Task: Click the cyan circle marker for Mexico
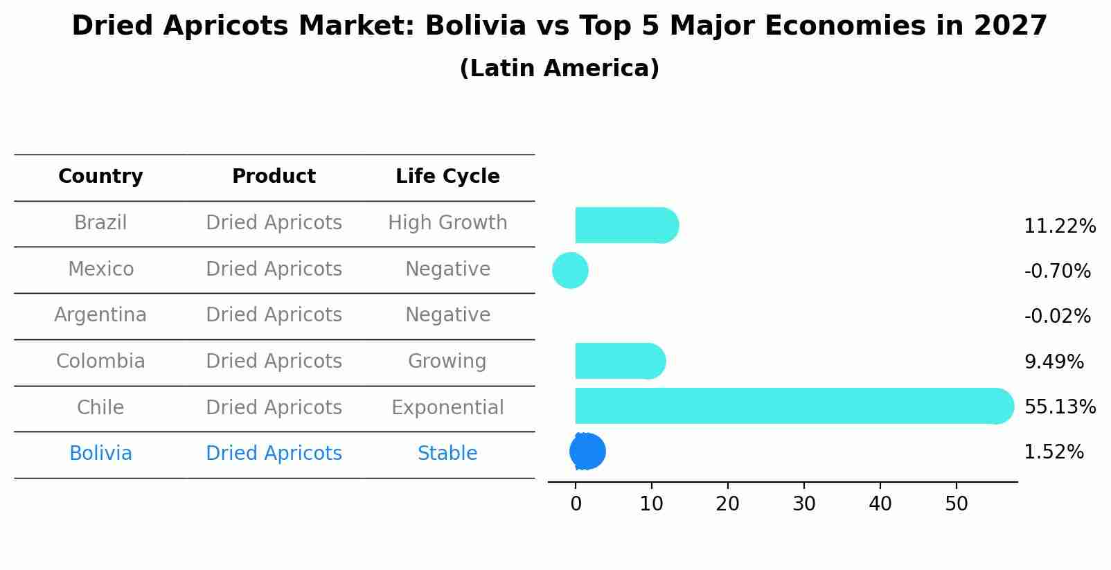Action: (x=570, y=270)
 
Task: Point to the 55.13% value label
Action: (x=1060, y=407)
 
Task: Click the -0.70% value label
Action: (x=1057, y=271)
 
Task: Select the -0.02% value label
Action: (x=1057, y=317)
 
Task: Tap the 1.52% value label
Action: (x=1054, y=452)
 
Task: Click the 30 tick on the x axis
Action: (x=804, y=504)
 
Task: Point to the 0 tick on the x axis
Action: (x=576, y=504)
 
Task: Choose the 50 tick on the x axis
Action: (x=957, y=504)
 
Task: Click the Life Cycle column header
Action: (x=447, y=177)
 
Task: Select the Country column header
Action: (x=100, y=177)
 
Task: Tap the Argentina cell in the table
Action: (x=100, y=315)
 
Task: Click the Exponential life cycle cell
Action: (x=447, y=407)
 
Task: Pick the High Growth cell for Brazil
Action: (x=447, y=223)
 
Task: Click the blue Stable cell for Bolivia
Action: (x=447, y=454)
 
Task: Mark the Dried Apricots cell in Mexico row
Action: (x=274, y=269)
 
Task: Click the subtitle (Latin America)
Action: (x=559, y=69)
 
